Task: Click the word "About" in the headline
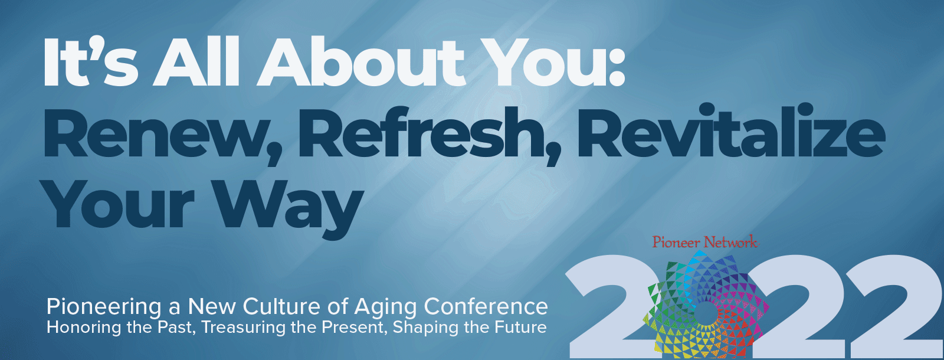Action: coord(362,61)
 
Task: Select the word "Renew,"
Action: coord(162,134)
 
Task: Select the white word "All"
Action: coord(196,61)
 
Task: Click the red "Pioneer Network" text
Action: coord(704,242)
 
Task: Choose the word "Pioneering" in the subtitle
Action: coord(104,307)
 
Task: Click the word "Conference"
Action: coord(486,306)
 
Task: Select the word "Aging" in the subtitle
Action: coord(386,307)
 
